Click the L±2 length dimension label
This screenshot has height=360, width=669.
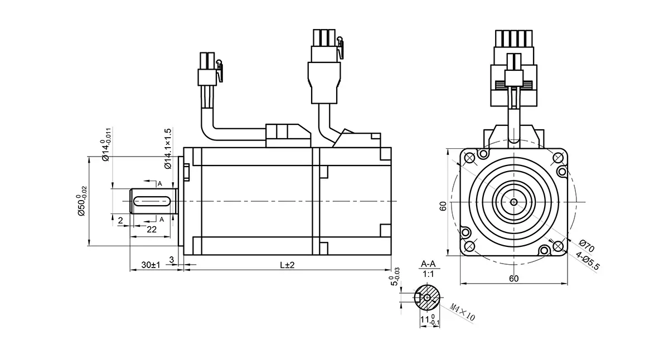click(287, 265)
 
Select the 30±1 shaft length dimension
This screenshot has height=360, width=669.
click(151, 265)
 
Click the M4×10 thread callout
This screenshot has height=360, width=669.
click(462, 313)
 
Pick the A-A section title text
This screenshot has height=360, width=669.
click(428, 264)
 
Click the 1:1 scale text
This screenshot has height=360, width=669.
click(428, 274)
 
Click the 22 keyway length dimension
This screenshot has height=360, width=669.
click(152, 229)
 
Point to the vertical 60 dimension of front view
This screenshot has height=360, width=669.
click(443, 206)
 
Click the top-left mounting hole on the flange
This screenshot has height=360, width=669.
click(469, 158)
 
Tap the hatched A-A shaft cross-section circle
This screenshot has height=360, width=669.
click(427, 298)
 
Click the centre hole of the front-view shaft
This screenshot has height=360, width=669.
click(513, 202)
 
